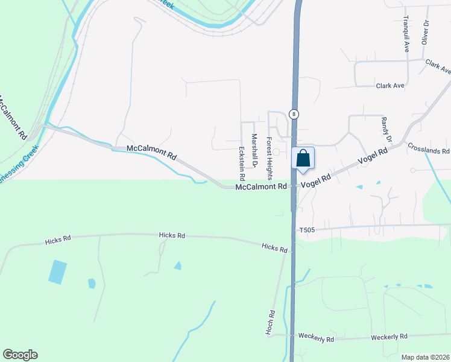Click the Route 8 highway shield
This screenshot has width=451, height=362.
pyautogui.click(x=294, y=113)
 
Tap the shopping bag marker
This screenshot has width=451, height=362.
pyautogui.click(x=303, y=158)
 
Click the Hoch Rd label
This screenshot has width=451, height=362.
pyautogui.click(x=272, y=323)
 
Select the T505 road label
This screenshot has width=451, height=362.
pyautogui.click(x=307, y=230)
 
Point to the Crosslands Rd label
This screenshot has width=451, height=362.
pyautogui.click(x=429, y=148)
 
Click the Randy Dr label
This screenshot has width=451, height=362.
pyautogui.click(x=386, y=130)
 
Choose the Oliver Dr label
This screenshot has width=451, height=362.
pyautogui.click(x=425, y=32)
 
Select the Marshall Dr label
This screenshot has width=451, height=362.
pyautogui.click(x=254, y=151)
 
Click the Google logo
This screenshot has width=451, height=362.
pyautogui.click(x=20, y=355)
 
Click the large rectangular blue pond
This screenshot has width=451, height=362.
pyautogui.click(x=58, y=272)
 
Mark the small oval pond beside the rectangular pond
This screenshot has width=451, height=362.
pyautogui.click(x=92, y=283)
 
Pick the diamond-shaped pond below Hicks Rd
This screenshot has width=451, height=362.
pyautogui.click(x=178, y=265)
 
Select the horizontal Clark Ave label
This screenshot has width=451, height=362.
pyautogui.click(x=390, y=86)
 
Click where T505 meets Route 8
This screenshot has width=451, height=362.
pyautogui.click(x=294, y=230)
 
